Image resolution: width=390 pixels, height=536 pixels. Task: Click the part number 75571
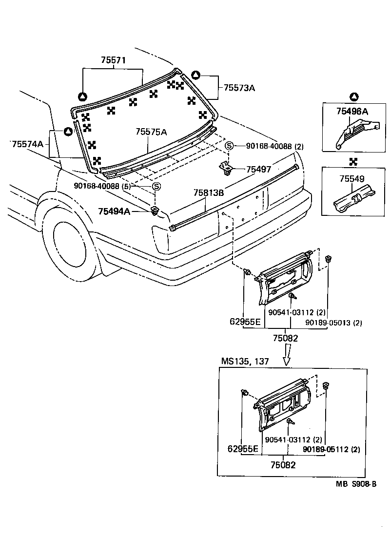[114, 60]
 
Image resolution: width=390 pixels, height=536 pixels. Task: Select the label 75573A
[240, 88]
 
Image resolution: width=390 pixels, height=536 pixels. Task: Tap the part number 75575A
[151, 132]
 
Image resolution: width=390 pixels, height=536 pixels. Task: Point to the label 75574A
[28, 144]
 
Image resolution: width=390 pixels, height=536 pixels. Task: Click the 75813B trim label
[208, 193]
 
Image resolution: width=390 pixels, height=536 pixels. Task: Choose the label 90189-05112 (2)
[331, 449]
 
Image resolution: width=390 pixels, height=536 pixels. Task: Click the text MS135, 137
[245, 362]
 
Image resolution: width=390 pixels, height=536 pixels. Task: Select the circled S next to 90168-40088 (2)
[229, 146]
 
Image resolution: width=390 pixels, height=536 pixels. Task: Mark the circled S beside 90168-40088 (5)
[156, 186]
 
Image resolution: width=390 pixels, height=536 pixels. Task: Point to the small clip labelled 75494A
[155, 211]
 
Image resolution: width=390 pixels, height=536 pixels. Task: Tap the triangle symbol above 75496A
[353, 97]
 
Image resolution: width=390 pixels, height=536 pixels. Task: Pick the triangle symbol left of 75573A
[195, 75]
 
